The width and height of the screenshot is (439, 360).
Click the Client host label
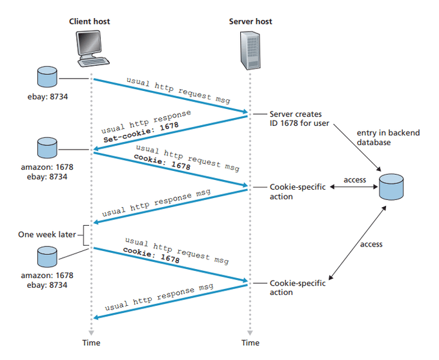tap(90, 21)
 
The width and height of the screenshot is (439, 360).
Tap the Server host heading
tap(250, 21)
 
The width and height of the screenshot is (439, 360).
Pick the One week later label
tap(47, 234)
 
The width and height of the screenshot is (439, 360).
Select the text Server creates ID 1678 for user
tap(296, 119)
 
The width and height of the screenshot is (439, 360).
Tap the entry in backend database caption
tap(387, 137)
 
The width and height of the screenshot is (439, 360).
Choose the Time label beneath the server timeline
tap(250, 343)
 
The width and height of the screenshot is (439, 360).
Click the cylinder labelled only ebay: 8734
tap(47, 77)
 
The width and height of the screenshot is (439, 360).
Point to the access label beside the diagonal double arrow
tap(371, 245)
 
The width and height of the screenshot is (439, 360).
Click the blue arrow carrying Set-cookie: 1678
tap(170, 133)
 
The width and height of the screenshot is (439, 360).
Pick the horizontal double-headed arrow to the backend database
tap(354, 188)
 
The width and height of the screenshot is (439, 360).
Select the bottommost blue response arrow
tap(170, 300)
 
